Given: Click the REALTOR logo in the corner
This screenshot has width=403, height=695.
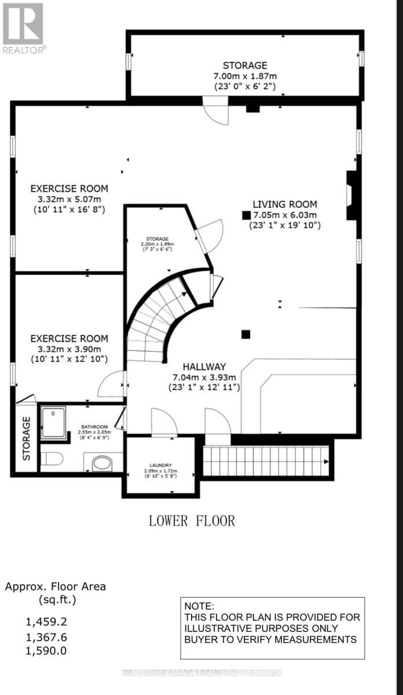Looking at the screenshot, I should [23, 27].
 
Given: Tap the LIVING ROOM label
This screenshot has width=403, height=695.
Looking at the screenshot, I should [284, 204].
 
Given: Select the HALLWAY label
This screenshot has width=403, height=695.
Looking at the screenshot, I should [204, 367].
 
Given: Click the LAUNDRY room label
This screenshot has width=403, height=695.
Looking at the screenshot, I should [160, 464].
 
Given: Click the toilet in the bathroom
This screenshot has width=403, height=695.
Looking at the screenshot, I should [52, 459].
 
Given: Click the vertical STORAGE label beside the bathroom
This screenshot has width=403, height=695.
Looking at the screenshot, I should [26, 438].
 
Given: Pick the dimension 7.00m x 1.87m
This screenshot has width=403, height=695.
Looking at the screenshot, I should [245, 76].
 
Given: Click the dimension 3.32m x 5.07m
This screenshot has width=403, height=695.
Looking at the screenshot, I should [69, 199].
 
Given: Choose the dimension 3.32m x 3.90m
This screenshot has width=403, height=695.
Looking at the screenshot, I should [69, 349].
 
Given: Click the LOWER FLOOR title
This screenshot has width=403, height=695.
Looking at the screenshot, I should [192, 520].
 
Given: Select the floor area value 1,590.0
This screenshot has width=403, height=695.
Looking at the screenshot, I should [46, 650].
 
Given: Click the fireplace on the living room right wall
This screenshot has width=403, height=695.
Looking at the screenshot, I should [351, 195].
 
